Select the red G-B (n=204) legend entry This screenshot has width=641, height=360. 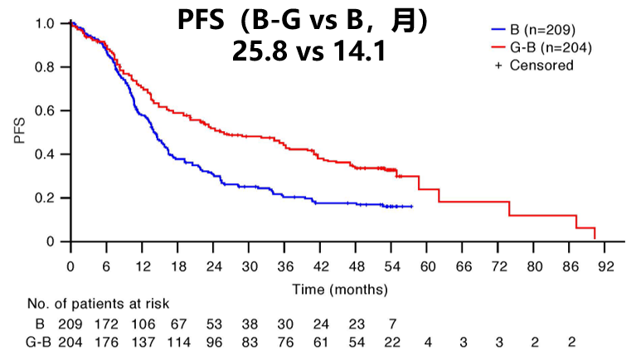[x=539, y=47]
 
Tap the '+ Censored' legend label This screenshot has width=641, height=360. [x=534, y=65]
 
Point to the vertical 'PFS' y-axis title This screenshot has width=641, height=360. [x=19, y=133]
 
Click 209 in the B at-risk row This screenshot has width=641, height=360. [x=72, y=323]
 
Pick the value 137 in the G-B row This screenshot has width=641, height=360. [x=143, y=341]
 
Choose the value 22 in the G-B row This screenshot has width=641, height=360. [x=391, y=341]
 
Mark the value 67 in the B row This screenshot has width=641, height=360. [x=178, y=323]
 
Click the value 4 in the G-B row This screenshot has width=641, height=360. [x=427, y=341]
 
